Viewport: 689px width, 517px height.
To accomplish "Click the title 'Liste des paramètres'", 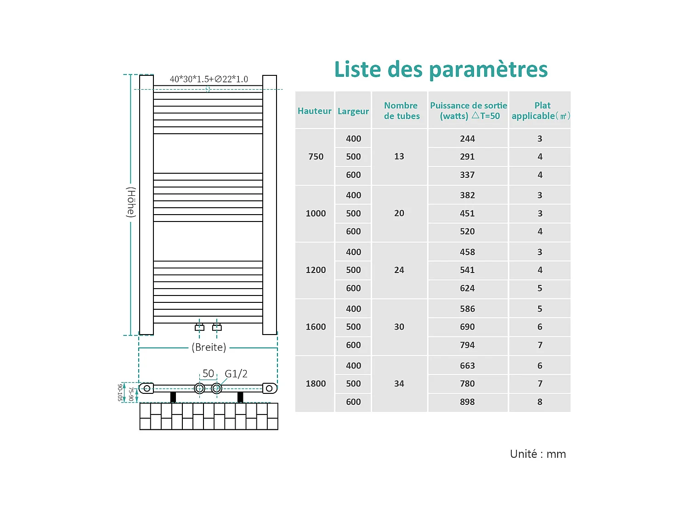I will [441, 69].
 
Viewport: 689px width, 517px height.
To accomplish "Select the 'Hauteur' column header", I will [315, 111].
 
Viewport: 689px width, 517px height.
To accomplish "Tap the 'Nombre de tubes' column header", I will [401, 111].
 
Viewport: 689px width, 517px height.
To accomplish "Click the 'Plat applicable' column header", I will [541, 111].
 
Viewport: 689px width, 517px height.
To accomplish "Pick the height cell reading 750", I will [316, 157].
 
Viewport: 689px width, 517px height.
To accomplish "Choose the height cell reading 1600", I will [316, 327].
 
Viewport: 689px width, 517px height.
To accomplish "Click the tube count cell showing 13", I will [399, 157].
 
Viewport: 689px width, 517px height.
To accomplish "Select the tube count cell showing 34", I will [399, 384].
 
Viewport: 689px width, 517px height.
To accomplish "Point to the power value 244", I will [467, 139].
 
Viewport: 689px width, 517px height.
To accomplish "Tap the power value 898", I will [467, 402].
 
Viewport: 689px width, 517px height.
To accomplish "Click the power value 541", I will [467, 270].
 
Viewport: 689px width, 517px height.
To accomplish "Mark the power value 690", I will [467, 327].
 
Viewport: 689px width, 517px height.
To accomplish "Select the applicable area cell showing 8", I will [540, 402].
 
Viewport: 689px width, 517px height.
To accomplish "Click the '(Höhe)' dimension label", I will [131, 202].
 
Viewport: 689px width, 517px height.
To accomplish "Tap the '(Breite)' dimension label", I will [209, 347].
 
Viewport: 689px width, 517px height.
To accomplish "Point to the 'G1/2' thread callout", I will [236, 374].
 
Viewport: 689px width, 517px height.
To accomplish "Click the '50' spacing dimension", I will [208, 374].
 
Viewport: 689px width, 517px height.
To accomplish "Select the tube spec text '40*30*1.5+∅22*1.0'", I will [209, 79].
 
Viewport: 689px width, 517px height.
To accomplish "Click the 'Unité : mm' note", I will [538, 454].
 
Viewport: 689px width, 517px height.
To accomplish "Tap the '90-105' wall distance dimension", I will [120, 392].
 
